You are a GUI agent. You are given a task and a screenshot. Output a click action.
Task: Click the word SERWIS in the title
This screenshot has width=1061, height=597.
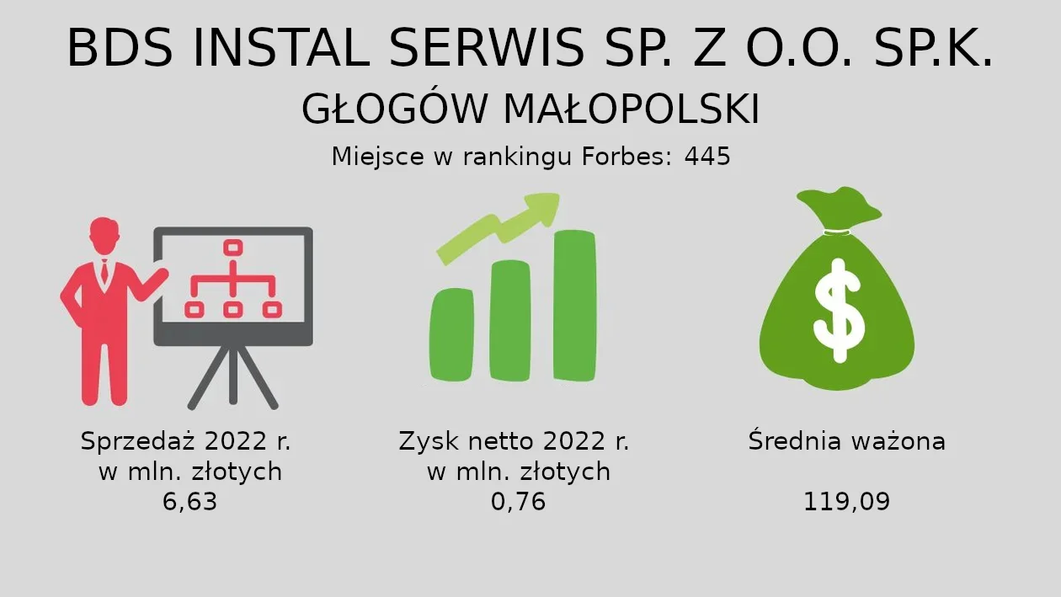[x=487, y=48]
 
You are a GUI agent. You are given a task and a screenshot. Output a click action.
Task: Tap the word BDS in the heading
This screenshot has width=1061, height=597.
[x=120, y=48]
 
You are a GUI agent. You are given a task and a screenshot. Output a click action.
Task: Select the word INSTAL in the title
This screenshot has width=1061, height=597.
[x=281, y=48]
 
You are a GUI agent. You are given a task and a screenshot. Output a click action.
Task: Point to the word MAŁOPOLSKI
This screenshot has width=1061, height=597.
[x=632, y=109]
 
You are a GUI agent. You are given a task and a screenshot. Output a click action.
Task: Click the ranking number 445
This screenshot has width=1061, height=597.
[x=707, y=157]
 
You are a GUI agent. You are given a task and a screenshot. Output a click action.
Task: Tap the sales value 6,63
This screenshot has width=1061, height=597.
[x=190, y=501]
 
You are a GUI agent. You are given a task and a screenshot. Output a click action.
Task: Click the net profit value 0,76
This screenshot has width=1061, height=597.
[x=518, y=501]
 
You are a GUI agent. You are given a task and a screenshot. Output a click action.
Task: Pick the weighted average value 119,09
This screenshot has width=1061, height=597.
[x=846, y=501]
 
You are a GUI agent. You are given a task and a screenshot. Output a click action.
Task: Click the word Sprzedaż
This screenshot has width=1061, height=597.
[x=138, y=441]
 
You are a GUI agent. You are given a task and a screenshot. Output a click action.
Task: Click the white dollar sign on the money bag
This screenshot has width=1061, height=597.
[x=839, y=311]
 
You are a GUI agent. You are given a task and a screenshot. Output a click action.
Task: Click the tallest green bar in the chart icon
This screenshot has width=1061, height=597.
[x=574, y=306]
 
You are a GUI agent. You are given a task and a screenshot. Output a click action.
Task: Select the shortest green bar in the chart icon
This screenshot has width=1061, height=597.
[x=451, y=334]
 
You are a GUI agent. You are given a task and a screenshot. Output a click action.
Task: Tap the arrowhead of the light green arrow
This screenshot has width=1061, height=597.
[x=541, y=209]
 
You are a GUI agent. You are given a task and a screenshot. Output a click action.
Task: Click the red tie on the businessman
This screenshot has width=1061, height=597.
[x=104, y=272]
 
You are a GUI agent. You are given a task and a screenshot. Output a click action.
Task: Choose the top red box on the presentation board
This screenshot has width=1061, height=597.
[x=233, y=248]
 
